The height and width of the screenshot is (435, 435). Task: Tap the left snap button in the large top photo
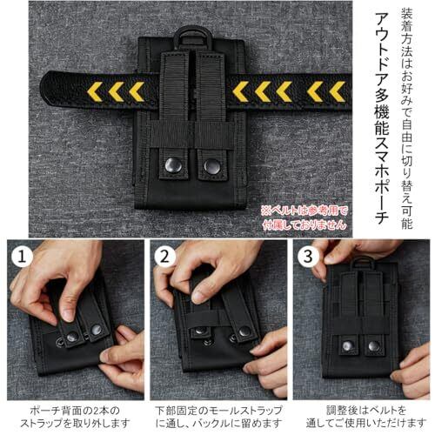click(173, 165)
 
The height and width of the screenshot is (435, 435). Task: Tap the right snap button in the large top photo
click(212, 166)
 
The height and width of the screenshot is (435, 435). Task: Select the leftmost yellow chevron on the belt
click(95, 91)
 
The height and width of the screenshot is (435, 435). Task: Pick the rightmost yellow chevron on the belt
click(338, 91)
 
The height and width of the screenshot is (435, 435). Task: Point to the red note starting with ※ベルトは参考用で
click(304, 217)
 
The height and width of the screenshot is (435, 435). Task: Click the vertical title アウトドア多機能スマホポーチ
click(382, 118)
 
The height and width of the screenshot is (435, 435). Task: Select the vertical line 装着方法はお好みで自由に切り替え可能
click(406, 118)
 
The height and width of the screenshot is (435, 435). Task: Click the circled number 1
click(22, 257)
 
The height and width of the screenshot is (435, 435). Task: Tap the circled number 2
click(164, 257)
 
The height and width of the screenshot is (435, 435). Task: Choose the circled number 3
click(308, 257)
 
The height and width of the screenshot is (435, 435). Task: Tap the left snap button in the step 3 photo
click(347, 345)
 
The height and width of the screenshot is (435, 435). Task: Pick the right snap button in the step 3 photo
click(374, 345)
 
